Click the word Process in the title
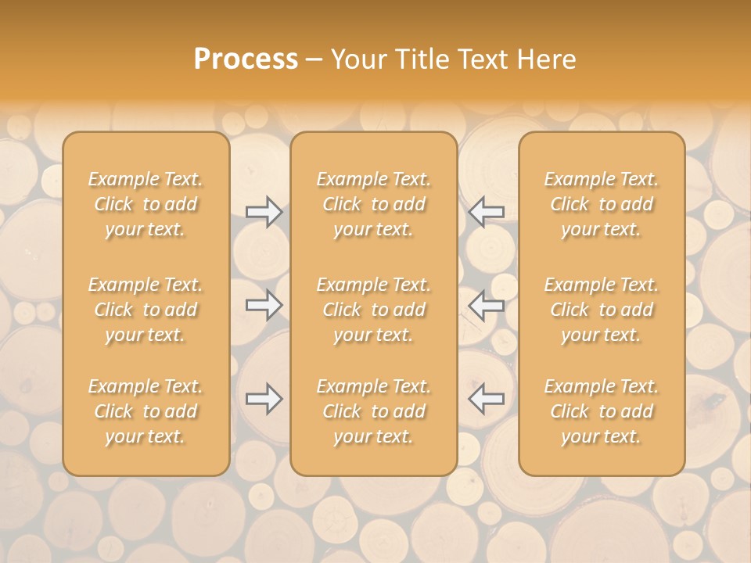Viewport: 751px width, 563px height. pyautogui.click(x=246, y=59)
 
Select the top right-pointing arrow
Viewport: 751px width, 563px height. pyautogui.click(x=264, y=212)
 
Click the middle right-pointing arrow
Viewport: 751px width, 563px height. pyautogui.click(x=264, y=305)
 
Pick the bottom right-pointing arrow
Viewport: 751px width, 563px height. pyautogui.click(x=264, y=399)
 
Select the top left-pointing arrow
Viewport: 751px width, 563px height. pyautogui.click(x=487, y=212)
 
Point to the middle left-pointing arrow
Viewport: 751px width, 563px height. pyautogui.click(x=487, y=305)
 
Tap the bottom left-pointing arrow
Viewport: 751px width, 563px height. pyautogui.click(x=487, y=399)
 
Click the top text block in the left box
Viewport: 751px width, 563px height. pyautogui.click(x=146, y=204)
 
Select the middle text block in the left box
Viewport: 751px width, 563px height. pyautogui.click(x=146, y=310)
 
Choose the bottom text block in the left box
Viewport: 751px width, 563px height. pyautogui.click(x=146, y=411)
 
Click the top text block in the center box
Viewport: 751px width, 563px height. pyautogui.click(x=374, y=204)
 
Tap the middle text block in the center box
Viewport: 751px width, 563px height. pyautogui.click(x=374, y=310)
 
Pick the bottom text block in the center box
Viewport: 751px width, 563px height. pyautogui.click(x=374, y=411)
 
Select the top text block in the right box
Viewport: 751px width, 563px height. pyautogui.click(x=602, y=204)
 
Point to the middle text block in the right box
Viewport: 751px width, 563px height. pyautogui.click(x=602, y=310)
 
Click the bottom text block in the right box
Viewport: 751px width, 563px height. pyautogui.click(x=602, y=411)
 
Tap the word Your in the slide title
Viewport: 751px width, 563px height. pyautogui.click(x=357, y=59)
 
